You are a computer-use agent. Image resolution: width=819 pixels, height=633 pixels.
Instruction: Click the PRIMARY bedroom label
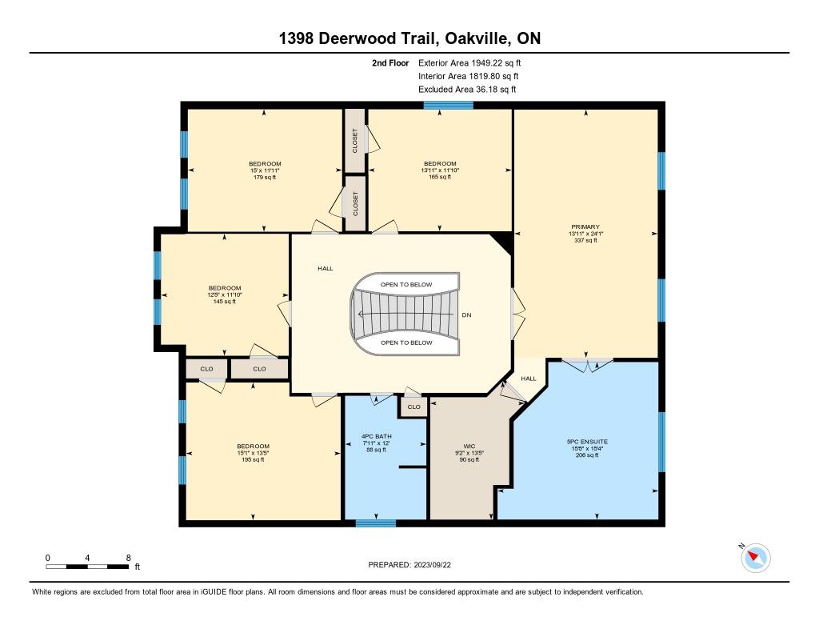tap(585, 226)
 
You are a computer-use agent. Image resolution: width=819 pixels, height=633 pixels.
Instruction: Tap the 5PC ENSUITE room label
tap(587, 442)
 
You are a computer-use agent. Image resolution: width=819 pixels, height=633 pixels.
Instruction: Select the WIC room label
tap(469, 447)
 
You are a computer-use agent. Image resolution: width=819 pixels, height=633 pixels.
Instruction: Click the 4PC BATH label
tap(376, 436)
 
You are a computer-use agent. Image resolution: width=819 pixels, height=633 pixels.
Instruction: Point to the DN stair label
tap(466, 315)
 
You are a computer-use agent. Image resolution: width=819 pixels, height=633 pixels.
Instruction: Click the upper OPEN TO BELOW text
tap(406, 285)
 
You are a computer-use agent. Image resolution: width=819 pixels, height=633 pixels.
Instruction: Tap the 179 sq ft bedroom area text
tap(265, 177)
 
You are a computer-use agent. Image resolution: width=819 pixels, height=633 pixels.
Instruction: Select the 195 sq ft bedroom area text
tap(253, 459)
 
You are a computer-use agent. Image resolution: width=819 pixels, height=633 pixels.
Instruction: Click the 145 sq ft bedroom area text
tap(225, 301)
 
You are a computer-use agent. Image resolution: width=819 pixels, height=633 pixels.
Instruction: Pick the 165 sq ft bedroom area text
tap(440, 177)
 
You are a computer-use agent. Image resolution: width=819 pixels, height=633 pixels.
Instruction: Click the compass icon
tap(755, 558)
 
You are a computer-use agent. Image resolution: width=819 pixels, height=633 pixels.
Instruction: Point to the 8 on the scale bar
tap(129, 558)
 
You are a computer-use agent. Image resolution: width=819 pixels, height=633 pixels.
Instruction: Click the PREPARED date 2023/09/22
tap(433, 564)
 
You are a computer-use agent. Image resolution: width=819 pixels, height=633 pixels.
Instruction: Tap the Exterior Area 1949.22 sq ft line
tap(469, 62)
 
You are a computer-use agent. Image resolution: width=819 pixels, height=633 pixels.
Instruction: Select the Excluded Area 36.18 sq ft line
tap(467, 90)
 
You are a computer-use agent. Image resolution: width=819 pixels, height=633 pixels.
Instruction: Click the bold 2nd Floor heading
tap(390, 62)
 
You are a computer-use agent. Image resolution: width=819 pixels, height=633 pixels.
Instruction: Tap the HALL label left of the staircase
tap(326, 268)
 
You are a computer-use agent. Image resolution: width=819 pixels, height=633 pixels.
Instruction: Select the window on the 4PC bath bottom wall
tap(376, 523)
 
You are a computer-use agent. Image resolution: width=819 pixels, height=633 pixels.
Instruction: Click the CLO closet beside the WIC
tap(413, 407)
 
